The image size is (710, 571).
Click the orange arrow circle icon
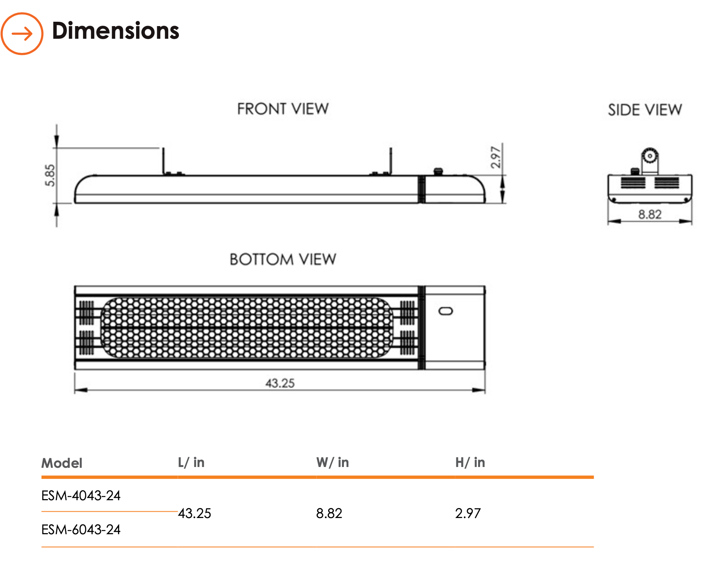(22, 34)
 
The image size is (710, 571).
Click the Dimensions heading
(116, 31)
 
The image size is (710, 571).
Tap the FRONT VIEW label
(283, 109)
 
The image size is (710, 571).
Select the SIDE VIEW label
(645, 110)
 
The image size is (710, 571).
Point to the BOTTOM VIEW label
(283, 259)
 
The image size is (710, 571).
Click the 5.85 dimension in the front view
(50, 175)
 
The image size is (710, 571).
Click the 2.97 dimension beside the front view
(495, 157)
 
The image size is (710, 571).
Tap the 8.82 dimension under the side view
(649, 214)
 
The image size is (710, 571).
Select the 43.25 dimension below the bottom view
(280, 383)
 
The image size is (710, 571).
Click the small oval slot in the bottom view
(446, 311)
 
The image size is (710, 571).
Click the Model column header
(62, 463)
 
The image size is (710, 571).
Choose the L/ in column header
(191, 462)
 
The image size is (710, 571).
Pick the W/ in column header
(332, 462)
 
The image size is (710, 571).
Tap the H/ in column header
(470, 462)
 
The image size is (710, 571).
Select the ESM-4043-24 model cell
(81, 495)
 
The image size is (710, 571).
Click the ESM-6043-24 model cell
(81, 529)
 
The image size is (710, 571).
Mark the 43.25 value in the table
(195, 513)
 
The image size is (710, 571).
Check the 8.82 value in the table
(329, 513)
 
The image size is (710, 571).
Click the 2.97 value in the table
(468, 513)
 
